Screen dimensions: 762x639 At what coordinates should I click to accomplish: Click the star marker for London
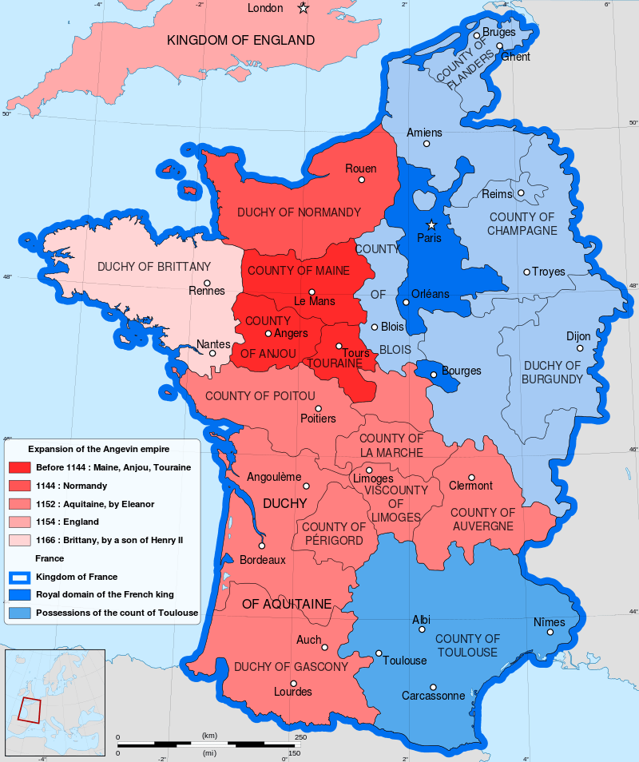(x=303, y=9)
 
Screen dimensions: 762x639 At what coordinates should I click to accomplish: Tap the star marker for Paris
(x=431, y=224)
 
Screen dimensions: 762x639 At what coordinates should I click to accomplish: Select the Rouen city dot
(x=361, y=180)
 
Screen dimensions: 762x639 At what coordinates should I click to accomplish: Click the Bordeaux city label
(x=262, y=560)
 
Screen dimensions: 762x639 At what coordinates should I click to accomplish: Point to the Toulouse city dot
(x=379, y=653)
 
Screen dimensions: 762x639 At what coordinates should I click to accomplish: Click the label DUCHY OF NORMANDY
(x=299, y=212)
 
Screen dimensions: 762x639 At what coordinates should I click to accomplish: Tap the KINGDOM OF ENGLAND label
(x=240, y=40)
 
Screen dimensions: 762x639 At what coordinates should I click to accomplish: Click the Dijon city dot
(x=580, y=347)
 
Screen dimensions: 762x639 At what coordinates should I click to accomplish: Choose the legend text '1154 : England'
(x=67, y=522)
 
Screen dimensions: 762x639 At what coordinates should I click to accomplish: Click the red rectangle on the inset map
(x=30, y=709)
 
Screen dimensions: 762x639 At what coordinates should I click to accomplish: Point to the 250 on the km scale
(x=300, y=736)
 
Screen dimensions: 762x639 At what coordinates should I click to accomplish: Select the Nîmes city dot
(x=550, y=633)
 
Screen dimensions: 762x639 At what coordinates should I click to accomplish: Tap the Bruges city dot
(x=476, y=35)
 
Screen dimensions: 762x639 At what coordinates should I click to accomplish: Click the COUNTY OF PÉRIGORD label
(x=333, y=534)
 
